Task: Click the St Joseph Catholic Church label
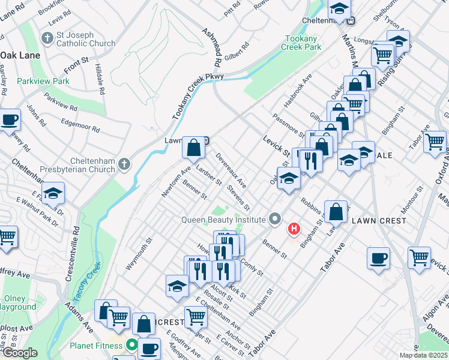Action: point(85,39)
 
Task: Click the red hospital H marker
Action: point(294,229)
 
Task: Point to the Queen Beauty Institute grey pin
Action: point(275,219)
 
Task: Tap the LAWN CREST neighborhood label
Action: point(379,220)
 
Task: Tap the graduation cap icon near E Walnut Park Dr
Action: point(53,193)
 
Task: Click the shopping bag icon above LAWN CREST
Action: point(337,211)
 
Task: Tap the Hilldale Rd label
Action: point(100,76)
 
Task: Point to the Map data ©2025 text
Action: point(423,355)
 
